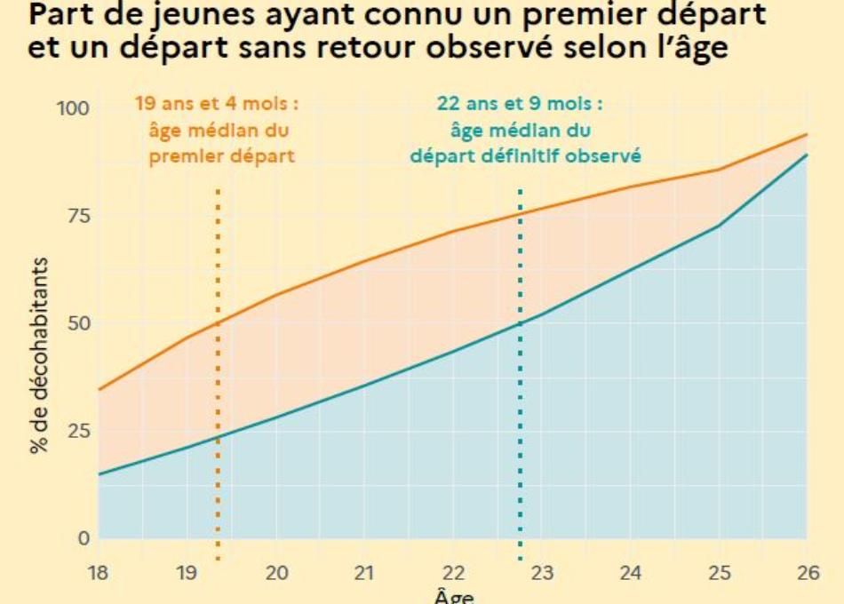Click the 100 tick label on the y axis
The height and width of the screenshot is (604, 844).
coord(73,108)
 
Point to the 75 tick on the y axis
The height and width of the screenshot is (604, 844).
coord(78,216)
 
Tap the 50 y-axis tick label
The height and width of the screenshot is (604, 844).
coord(78,323)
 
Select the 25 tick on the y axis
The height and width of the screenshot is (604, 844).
coord(78,431)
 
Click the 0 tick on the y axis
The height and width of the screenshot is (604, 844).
coord(84,537)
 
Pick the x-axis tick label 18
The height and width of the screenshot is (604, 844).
coord(98,573)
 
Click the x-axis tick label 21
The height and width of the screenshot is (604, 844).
coord(364,573)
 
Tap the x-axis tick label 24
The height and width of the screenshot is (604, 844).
coord(630,573)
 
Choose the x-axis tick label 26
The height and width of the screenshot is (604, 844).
coord(808,573)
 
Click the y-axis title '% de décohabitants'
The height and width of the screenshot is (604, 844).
coord(39,356)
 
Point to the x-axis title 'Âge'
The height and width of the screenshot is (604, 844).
coord(454,597)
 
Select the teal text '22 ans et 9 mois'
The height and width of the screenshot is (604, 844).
coord(514,103)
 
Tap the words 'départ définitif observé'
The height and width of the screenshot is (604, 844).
coord(526,156)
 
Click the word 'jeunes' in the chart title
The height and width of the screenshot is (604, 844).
coord(203,16)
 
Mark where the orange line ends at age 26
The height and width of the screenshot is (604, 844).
coord(807,134)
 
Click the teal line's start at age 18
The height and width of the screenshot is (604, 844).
coord(99,475)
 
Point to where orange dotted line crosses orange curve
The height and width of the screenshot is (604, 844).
coord(218,323)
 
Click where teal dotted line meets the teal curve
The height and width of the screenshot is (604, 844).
coord(521,323)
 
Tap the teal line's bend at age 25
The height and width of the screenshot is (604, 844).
coord(719,226)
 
